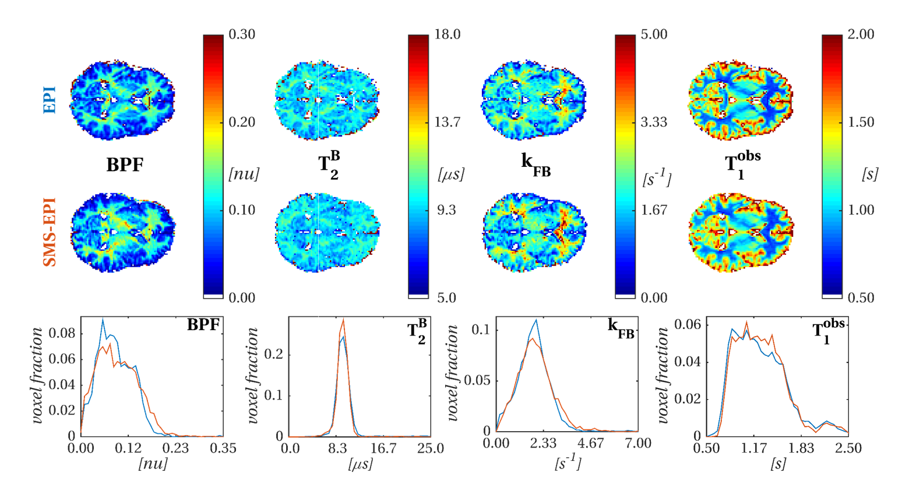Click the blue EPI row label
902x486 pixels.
click(50, 100)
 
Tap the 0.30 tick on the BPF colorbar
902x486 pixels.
click(242, 34)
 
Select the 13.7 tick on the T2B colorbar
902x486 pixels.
click(447, 123)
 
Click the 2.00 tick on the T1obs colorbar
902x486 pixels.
click(861, 34)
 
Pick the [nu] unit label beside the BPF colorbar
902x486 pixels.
click(244, 174)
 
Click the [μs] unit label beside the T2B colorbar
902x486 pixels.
click(450, 174)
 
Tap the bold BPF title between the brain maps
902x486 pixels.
click(125, 165)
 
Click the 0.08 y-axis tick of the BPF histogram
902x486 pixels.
click(64, 334)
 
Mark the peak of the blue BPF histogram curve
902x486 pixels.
click(103, 319)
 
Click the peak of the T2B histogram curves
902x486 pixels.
click(343, 320)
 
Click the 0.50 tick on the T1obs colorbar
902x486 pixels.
click(861, 298)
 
